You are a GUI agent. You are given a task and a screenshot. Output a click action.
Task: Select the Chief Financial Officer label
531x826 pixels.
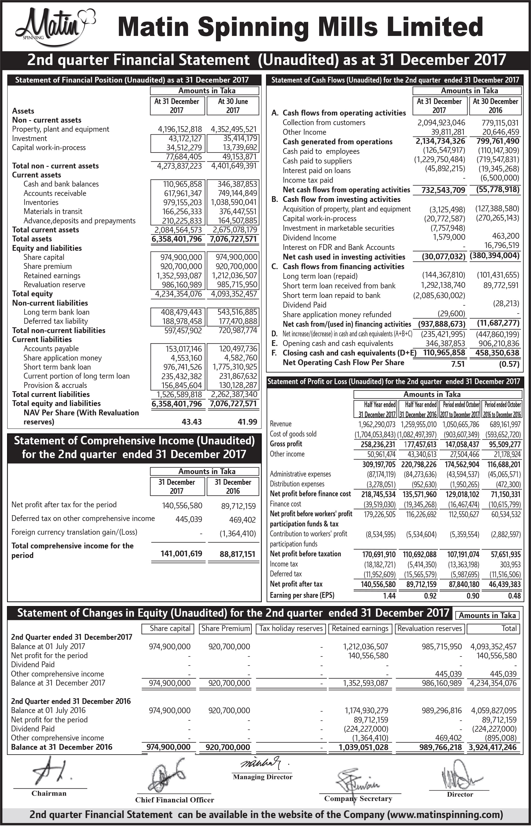click(x=175, y=800)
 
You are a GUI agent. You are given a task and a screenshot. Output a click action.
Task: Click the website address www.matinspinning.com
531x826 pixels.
click(x=445, y=815)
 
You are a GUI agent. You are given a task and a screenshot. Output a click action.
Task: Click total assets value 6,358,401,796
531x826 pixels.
click(x=176, y=239)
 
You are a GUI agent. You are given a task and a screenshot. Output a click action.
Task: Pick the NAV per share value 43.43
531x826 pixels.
click(x=192, y=422)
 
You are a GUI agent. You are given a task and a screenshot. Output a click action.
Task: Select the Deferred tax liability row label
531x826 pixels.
click(x=55, y=321)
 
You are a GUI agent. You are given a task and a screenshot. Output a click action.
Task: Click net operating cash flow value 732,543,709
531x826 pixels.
click(x=443, y=190)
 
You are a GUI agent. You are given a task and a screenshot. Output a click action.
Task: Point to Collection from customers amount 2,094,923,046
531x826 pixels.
click(x=441, y=123)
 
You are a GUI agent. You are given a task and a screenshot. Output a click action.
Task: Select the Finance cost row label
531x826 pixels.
click(x=285, y=504)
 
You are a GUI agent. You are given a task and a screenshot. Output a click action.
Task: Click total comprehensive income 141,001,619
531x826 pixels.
click(x=181, y=553)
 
